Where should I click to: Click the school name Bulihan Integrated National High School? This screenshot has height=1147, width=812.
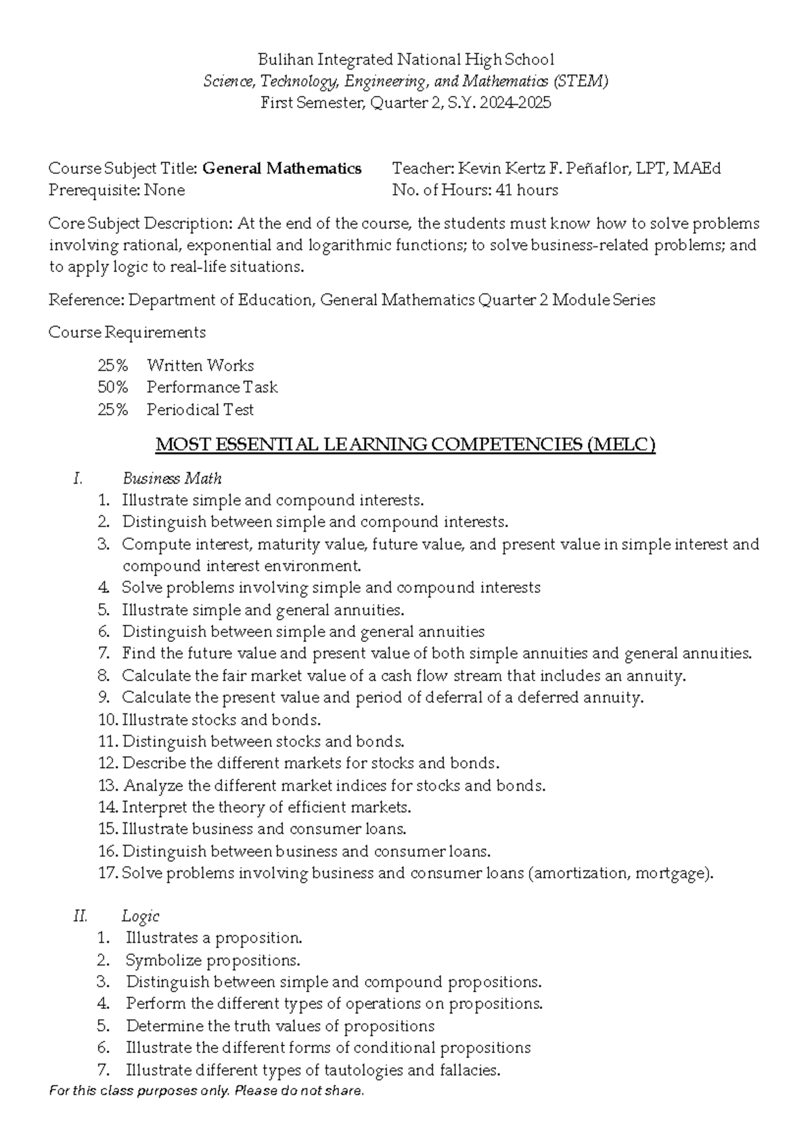406,60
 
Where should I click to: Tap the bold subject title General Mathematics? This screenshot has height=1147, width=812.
282,168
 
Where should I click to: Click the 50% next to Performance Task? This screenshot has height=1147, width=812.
112,388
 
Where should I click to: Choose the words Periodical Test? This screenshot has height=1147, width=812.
200,410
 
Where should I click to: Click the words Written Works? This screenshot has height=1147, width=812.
200,366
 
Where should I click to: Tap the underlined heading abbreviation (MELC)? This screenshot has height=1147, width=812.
621,445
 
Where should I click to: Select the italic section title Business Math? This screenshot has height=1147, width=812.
172,479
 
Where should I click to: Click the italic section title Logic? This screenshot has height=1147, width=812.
140,916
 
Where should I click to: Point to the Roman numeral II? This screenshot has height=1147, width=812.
81,916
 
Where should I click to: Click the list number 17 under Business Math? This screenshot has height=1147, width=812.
108,873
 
